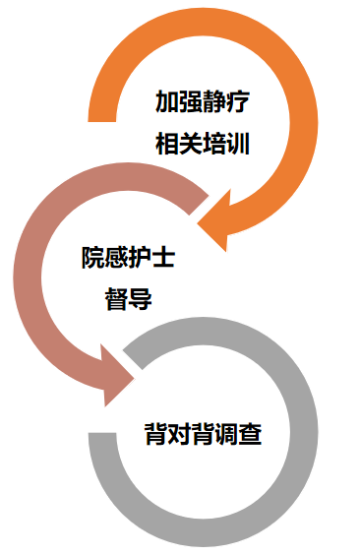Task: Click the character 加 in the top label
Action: coord(167,101)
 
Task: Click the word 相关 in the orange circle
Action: coord(179,145)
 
